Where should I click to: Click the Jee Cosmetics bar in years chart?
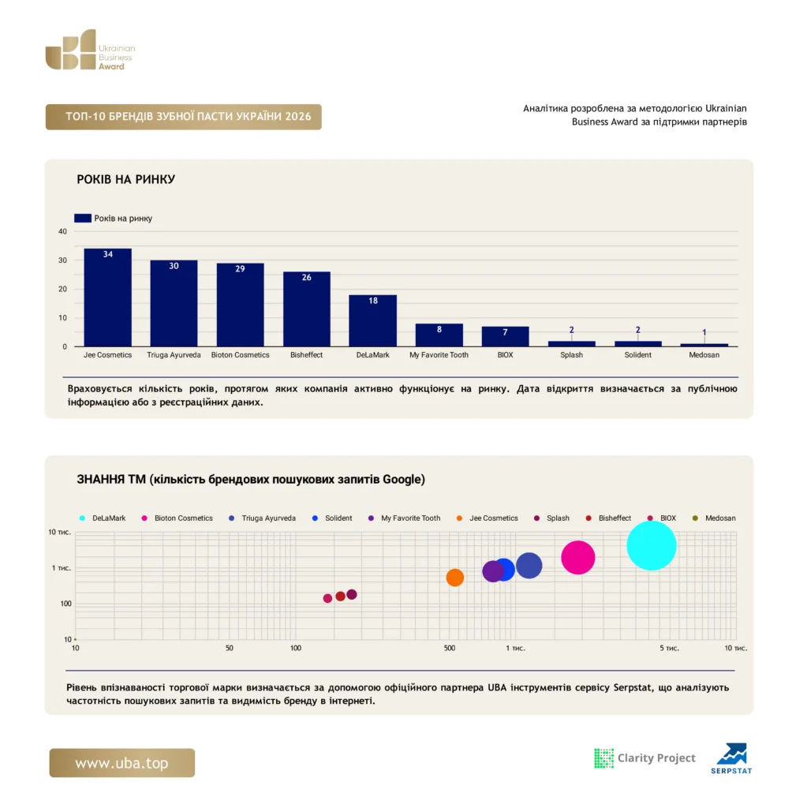[108, 297]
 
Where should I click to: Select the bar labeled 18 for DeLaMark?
[372, 320]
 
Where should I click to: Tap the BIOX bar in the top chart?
[505, 336]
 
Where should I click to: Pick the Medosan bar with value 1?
[704, 345]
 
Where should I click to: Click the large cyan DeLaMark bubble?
[652, 546]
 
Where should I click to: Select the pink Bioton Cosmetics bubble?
[577, 557]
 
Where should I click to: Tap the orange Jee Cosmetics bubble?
[454, 577]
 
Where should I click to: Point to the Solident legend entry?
[332, 518]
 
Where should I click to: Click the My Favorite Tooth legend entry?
[405, 518]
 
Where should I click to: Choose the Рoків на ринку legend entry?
[113, 218]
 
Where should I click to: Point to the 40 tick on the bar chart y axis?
[62, 231]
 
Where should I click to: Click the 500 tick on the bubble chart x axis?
[450, 648]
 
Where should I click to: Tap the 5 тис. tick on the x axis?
[669, 648]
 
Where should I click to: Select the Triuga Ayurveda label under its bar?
[174, 354]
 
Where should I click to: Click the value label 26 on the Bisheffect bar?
[307, 277]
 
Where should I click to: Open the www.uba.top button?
[122, 763]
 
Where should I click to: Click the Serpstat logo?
[731, 758]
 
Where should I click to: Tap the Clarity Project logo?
[644, 758]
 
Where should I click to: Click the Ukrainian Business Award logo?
[90, 50]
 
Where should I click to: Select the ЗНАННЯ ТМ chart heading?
[251, 479]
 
